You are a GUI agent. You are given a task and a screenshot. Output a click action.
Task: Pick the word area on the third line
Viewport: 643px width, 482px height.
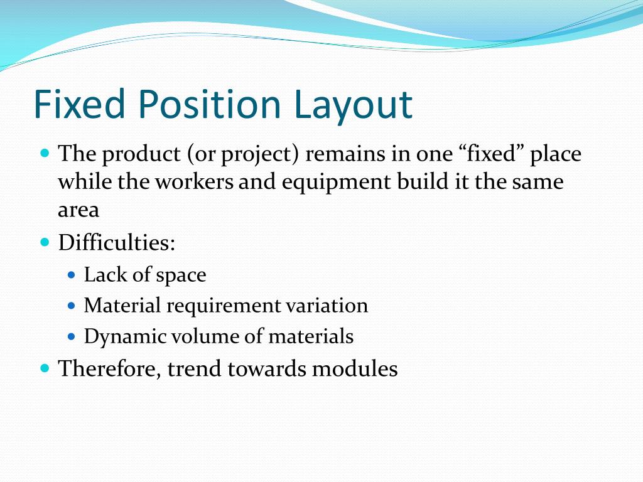pos(78,211)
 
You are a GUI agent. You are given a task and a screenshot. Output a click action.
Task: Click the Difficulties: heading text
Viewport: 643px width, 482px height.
pos(117,242)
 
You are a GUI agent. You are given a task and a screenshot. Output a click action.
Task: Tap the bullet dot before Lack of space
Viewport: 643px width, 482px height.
pos(71,275)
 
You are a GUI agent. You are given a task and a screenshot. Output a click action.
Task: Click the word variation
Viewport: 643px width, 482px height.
pos(327,306)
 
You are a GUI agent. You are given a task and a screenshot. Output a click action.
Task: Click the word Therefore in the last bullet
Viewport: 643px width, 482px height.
pos(110,368)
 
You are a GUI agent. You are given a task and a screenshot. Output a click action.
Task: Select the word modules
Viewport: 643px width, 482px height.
pos(355,368)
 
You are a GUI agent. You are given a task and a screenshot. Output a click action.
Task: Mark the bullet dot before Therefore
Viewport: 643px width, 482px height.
pos(45,368)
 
